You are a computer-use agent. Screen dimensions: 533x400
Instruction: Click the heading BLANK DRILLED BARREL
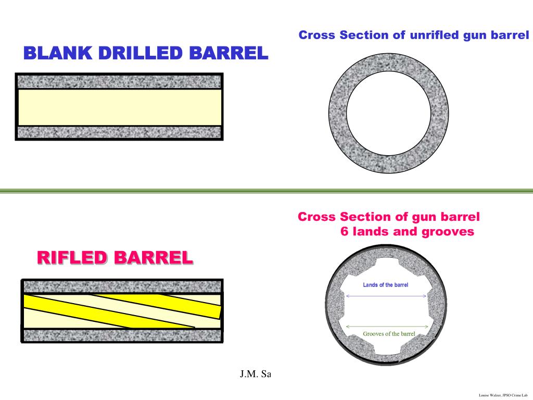coord(146,53)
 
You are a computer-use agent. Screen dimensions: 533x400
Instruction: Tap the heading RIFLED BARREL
coord(115,257)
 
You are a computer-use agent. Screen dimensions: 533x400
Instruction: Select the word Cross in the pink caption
coord(317,217)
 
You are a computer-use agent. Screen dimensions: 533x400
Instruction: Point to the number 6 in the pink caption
coord(344,232)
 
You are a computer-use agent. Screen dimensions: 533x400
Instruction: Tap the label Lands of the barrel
coord(385,285)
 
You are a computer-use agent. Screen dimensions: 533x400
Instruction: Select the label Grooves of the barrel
coord(388,334)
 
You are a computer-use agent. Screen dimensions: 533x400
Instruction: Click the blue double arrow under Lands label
coord(386,296)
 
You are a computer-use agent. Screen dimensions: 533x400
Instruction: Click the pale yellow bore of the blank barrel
coord(120,107)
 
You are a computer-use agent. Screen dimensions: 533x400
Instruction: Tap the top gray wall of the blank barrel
coord(120,81)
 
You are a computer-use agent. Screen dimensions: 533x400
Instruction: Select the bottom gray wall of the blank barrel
coord(120,132)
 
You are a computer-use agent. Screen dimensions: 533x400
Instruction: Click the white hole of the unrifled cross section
coord(388,113)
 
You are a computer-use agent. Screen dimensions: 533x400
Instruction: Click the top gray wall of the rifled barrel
coord(123,286)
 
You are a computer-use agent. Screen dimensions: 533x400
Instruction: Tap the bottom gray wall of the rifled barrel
coord(123,335)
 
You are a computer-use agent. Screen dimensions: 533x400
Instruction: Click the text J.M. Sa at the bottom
coord(256,374)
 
